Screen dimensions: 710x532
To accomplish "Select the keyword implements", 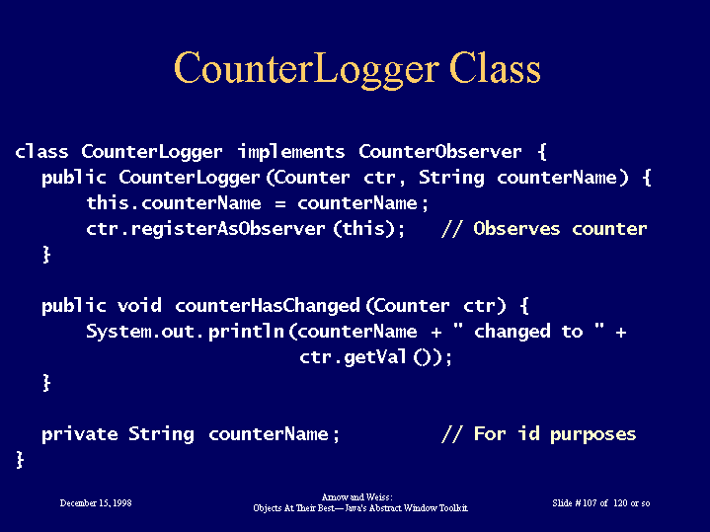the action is [291, 152].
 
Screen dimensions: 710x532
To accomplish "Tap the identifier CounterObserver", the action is [440, 151].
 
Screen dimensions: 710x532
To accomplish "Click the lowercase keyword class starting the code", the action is [41, 151].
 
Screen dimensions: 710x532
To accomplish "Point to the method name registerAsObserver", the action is [228, 229].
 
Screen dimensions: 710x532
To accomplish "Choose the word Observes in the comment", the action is [516, 229].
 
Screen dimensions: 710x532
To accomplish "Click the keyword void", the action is [139, 306].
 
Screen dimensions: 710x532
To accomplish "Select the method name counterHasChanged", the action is [268, 306].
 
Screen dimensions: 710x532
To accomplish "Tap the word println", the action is [246, 332].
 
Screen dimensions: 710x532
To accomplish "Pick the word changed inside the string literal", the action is [513, 332].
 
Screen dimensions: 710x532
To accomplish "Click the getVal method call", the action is [374, 357].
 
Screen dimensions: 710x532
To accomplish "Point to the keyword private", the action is [80, 434].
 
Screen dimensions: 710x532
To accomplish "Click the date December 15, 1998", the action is [96, 503].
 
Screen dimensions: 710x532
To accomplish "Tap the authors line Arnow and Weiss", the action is [356, 497].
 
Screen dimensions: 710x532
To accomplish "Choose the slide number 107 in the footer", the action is [590, 503].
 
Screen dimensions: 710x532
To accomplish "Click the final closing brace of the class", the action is [20, 460].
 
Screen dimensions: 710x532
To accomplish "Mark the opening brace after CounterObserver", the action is [542, 152].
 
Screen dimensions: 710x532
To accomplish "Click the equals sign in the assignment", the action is [280, 204].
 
